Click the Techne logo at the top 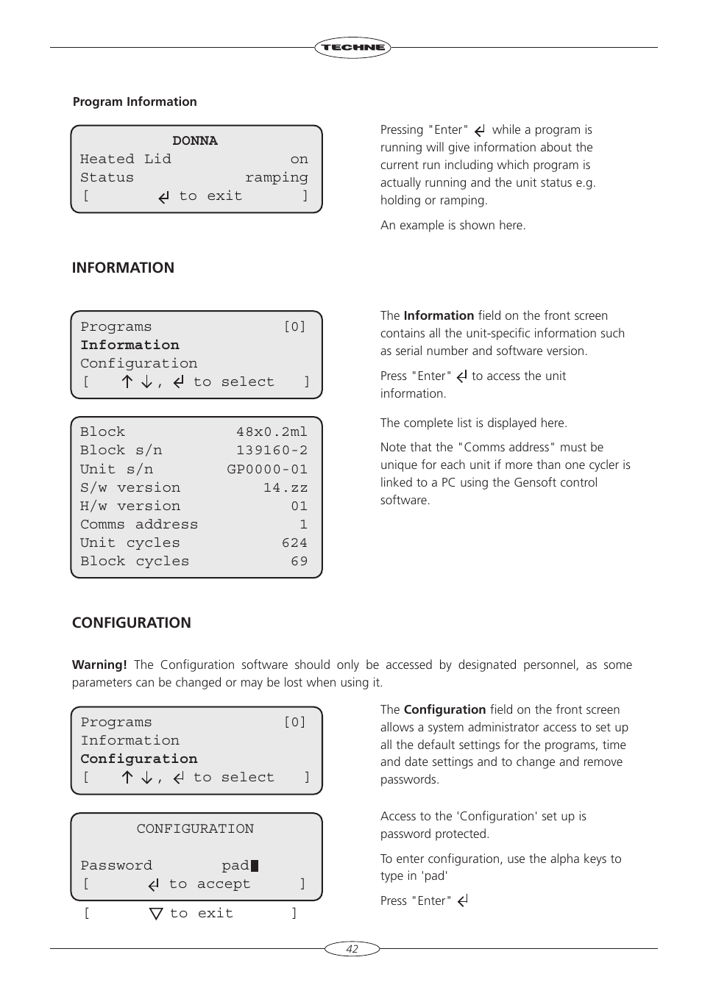point(352,48)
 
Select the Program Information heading point(135,101)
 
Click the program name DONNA point(195,140)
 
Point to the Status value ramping point(276,177)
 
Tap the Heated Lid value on point(299,159)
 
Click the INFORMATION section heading point(123,268)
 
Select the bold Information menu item point(130,345)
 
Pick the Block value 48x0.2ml point(272,431)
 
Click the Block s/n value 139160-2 point(272,450)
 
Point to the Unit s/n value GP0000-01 point(267,469)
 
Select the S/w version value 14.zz point(286,487)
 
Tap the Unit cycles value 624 point(294,542)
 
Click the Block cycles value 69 point(299,561)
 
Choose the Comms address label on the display point(139,524)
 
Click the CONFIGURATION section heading point(131,623)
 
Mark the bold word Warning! point(99,664)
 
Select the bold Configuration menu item point(139,759)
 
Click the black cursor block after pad point(255,866)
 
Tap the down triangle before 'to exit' point(156,914)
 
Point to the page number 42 point(352,949)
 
